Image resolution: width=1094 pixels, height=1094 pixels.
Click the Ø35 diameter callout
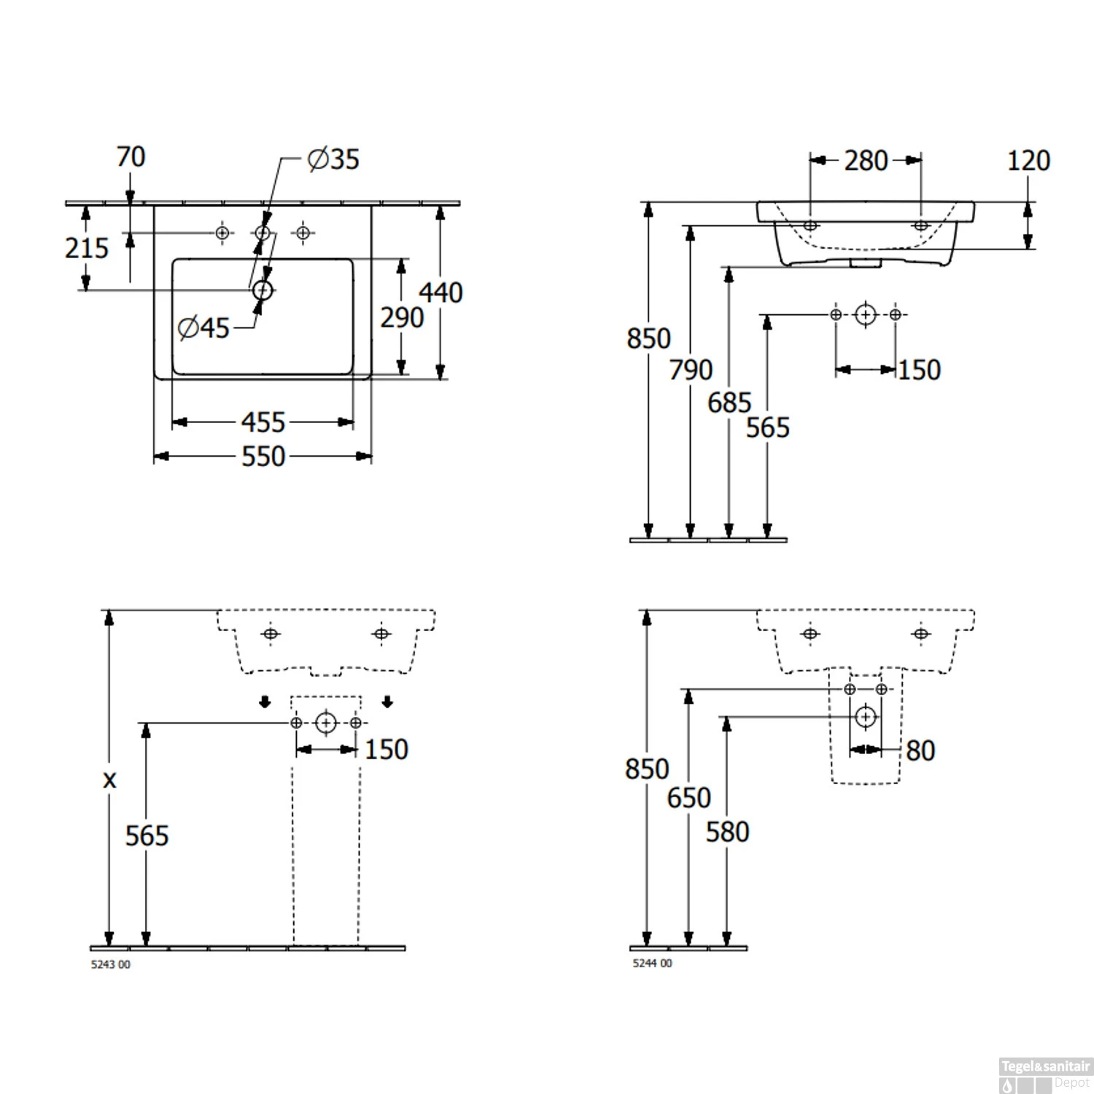point(333,159)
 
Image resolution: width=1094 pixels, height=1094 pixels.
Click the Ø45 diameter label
point(203,328)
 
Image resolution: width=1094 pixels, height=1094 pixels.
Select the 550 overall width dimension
point(263,457)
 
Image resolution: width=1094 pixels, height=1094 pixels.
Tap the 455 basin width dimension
point(263,422)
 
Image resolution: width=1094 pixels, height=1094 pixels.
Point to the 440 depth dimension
point(441,292)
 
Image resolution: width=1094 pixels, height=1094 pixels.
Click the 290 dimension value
point(402,318)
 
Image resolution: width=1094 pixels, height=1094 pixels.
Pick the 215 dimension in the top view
point(86,248)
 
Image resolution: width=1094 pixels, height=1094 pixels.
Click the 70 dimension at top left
point(131,157)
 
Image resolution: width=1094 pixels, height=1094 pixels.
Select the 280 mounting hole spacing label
point(866,160)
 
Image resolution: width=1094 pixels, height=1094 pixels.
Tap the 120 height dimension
point(1028,160)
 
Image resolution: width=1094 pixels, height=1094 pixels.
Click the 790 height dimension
point(691,370)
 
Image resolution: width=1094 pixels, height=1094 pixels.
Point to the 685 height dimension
point(729,403)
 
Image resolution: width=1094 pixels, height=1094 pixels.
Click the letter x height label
point(109,780)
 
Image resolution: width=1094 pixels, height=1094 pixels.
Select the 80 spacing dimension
point(920,750)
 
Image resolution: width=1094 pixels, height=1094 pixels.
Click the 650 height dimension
point(688,798)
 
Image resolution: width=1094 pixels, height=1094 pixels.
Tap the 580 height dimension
point(727,832)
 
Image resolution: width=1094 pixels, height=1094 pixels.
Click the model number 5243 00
point(111,964)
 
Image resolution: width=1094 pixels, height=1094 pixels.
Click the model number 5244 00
point(652,963)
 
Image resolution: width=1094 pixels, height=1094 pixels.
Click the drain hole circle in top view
point(263,290)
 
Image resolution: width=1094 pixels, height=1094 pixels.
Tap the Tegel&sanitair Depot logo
point(1045,1075)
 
